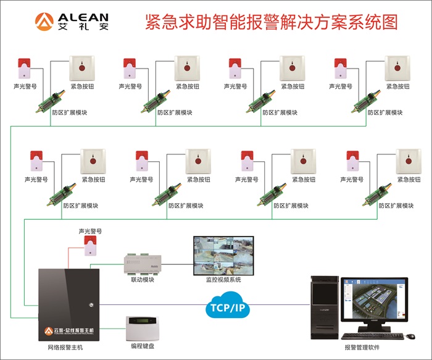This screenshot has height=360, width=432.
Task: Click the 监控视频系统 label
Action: [x=223, y=280]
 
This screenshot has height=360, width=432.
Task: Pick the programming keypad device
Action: [x=143, y=329]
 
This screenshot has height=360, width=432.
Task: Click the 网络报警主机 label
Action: [x=65, y=348]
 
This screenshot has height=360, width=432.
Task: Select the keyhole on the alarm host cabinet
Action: [x=91, y=303]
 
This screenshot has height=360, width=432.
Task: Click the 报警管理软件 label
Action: [x=362, y=348]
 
